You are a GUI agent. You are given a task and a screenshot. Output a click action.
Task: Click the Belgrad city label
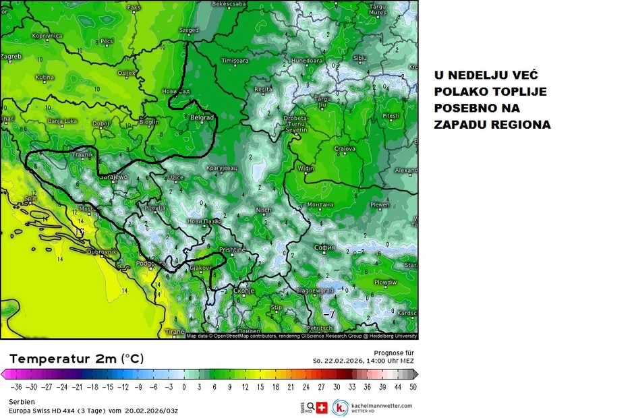(x=202, y=117)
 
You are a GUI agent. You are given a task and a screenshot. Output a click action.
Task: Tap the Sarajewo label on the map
(x=113, y=176)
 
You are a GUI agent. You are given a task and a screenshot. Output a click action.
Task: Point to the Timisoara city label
(x=235, y=61)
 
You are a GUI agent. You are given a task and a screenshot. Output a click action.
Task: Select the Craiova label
(x=345, y=148)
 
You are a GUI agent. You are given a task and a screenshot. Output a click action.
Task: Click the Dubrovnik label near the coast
(x=103, y=251)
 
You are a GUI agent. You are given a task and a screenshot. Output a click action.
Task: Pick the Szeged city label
(x=189, y=30)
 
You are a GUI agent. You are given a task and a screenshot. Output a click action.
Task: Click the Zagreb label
(x=11, y=57)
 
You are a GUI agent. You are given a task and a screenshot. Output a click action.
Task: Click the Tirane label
(x=175, y=332)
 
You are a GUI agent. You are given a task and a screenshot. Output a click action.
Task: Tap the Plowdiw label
(x=386, y=282)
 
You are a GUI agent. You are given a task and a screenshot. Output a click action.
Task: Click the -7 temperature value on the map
(x=329, y=314)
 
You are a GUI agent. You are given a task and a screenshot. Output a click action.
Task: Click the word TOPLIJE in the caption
(x=518, y=92)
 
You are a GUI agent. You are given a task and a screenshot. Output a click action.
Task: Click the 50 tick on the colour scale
(x=413, y=387)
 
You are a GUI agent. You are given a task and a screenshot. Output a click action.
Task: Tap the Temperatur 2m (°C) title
(x=76, y=359)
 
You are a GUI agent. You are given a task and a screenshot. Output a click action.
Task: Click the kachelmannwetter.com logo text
(x=382, y=405)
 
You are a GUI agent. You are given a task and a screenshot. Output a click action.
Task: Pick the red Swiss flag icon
(x=322, y=407)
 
